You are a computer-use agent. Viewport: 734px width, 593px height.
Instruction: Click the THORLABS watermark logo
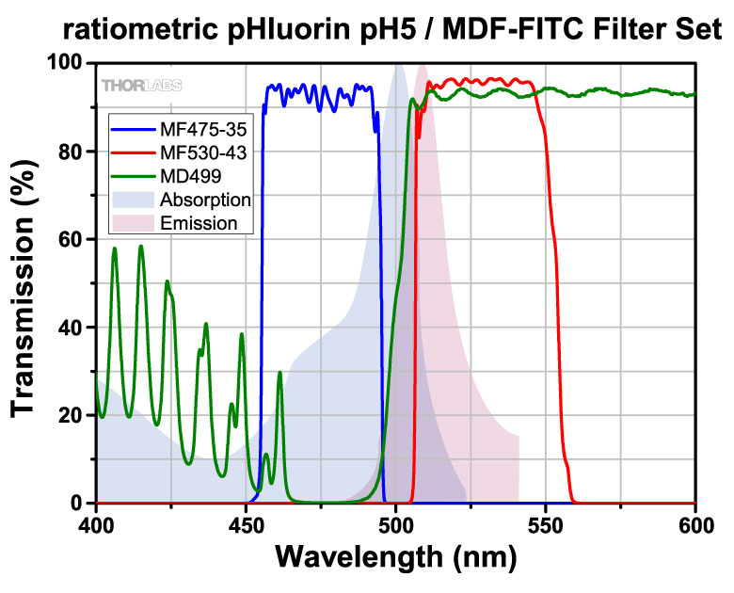142,85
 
